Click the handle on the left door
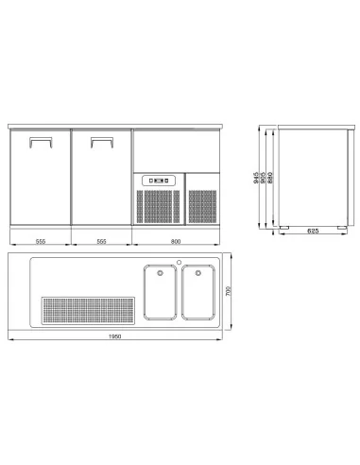click(x=41, y=138)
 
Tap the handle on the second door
click(x=102, y=138)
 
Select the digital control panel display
click(x=159, y=181)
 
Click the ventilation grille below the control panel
click(x=158, y=206)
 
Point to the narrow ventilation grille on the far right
click(x=202, y=206)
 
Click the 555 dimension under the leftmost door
click(x=41, y=241)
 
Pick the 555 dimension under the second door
click(x=101, y=241)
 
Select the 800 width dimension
click(x=176, y=241)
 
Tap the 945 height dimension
click(x=256, y=178)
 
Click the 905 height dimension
click(x=263, y=178)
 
